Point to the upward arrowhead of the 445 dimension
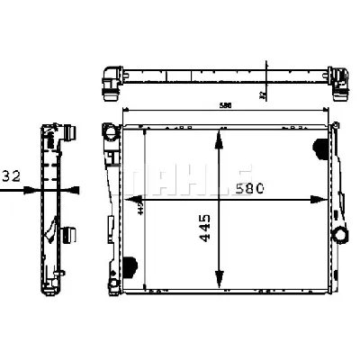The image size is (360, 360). click(x=218, y=136)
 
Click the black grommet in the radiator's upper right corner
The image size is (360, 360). click(x=319, y=147)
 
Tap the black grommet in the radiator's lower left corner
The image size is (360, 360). click(x=130, y=266)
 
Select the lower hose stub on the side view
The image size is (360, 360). click(x=68, y=235)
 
